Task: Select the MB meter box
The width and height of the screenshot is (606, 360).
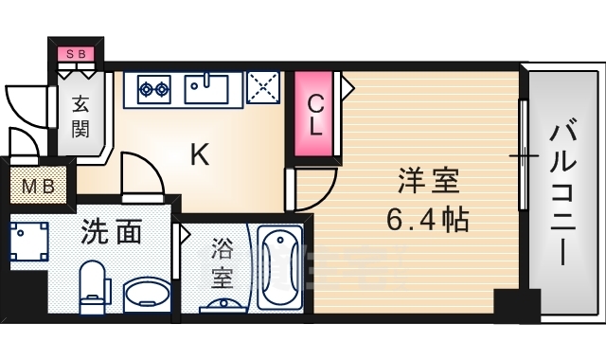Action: (x=38, y=185)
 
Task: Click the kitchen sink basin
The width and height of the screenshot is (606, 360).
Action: (x=205, y=88)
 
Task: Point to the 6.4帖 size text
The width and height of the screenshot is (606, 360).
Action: (x=427, y=221)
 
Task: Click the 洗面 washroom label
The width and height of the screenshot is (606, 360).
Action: (x=111, y=232)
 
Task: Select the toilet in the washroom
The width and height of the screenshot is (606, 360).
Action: (x=93, y=284)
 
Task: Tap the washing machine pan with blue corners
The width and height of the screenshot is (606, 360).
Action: (x=29, y=241)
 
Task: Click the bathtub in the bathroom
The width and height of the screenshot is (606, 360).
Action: (x=279, y=268)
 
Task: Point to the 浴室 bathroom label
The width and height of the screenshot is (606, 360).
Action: (x=222, y=265)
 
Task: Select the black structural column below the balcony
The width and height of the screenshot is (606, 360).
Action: (x=516, y=307)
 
